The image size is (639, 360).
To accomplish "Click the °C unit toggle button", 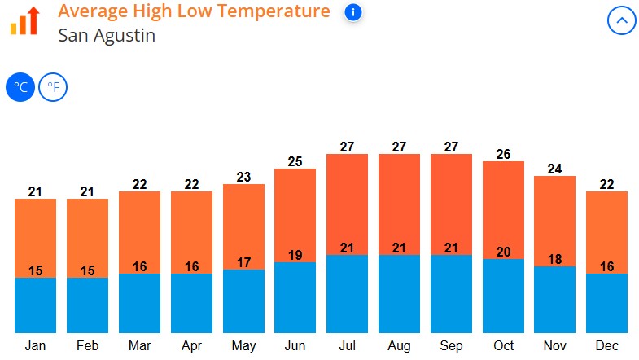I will (20, 87).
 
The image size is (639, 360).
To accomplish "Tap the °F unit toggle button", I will (53, 87).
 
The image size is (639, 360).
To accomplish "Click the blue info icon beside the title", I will (352, 12).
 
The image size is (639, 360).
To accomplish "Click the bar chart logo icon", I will (24, 20).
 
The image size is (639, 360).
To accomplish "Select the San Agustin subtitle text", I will (107, 36).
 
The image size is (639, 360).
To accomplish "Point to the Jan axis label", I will (35, 345).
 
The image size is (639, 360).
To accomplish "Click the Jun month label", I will (295, 345).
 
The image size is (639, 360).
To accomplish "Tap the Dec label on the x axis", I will (606, 345).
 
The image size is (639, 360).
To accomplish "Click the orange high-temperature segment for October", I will (503, 208).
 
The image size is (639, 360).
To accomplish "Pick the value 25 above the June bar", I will (295, 161).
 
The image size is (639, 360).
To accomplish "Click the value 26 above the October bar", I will (503, 154).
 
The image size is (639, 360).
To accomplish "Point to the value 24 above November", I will (554, 169).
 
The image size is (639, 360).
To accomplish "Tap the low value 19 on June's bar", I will (295, 255).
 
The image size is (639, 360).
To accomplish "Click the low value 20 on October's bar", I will (503, 252).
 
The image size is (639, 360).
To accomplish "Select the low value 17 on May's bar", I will (243, 262).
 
